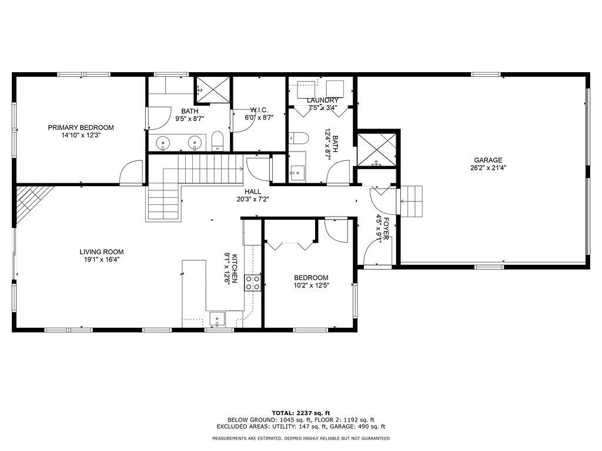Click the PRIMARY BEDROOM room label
[81, 127]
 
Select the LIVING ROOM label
[102, 252]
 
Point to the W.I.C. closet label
[259, 110]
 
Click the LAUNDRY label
[322, 100]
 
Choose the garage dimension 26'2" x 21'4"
[488, 167]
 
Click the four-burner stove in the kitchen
[253, 282]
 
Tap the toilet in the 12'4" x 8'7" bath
[300, 139]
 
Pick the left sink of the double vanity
[163, 142]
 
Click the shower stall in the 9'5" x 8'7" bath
[212, 89]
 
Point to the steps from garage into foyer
[412, 201]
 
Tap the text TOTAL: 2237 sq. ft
[300, 412]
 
